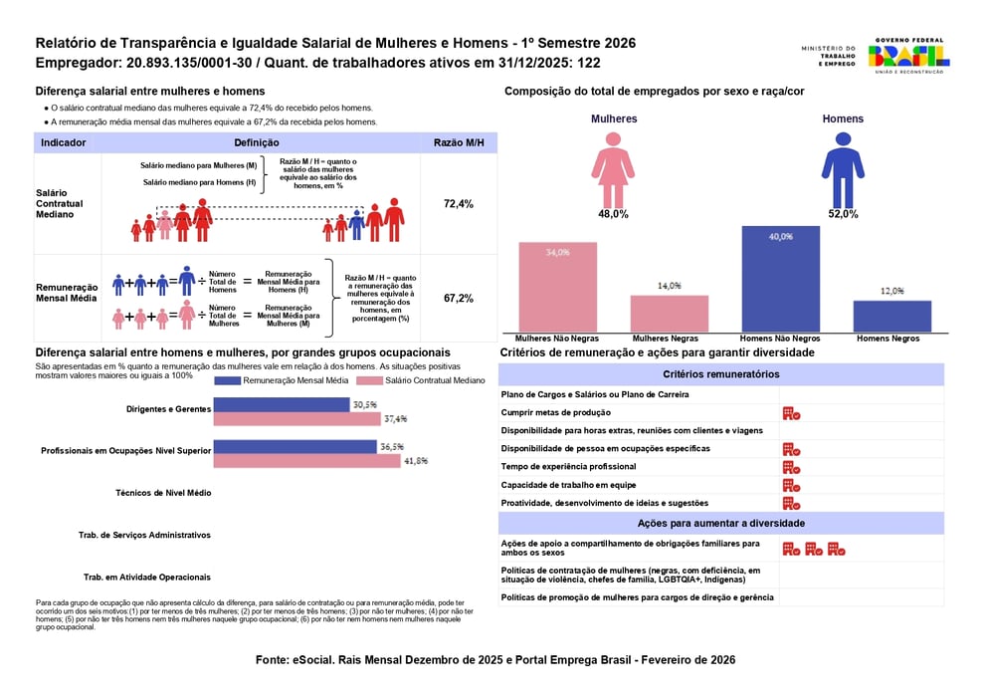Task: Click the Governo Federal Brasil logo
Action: click(908, 56)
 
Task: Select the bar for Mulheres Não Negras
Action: click(557, 287)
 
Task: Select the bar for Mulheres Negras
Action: click(669, 313)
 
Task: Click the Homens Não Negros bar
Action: click(780, 279)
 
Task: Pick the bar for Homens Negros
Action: click(891, 316)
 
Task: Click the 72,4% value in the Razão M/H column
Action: click(458, 204)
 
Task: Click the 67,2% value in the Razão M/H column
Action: click(458, 298)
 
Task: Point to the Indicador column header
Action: click(63, 142)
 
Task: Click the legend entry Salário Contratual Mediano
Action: click(428, 380)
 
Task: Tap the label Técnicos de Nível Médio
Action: click(163, 493)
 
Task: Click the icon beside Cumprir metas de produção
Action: click(791, 413)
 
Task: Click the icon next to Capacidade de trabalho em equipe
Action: click(791, 485)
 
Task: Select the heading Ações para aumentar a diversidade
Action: click(720, 523)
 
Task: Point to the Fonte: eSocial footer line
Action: click(494, 660)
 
